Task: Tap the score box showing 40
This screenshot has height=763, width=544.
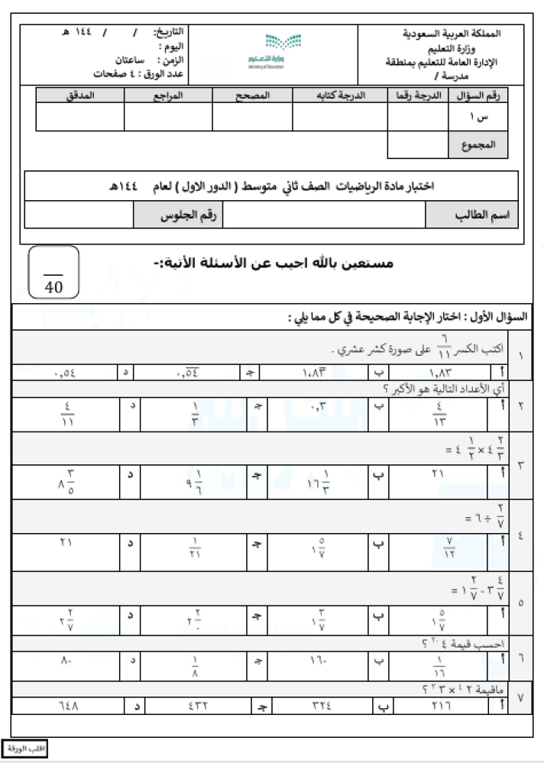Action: (53, 273)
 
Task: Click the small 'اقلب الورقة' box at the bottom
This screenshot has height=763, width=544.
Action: (25, 748)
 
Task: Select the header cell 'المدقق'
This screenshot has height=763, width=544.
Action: (80, 95)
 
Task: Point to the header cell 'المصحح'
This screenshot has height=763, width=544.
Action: (251, 95)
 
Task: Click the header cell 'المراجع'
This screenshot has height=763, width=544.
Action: (168, 95)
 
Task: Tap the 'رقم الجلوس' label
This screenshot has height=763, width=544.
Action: (178, 215)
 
